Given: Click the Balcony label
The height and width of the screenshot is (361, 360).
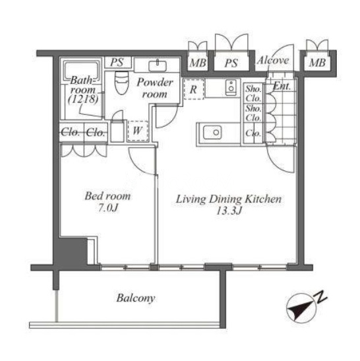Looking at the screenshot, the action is [x=136, y=298].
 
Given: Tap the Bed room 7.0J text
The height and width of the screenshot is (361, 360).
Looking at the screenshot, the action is [x=107, y=202].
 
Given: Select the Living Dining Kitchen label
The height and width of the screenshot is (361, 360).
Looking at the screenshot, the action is [x=228, y=205].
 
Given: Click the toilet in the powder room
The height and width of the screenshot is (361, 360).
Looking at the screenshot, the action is [x=121, y=82].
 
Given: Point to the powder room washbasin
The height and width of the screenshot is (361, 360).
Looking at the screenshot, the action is [x=158, y=65].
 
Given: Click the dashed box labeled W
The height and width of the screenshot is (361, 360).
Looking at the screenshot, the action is [x=138, y=131].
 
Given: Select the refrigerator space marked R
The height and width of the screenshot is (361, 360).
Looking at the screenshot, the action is [x=194, y=89].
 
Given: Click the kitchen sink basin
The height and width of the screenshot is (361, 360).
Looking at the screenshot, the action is [x=212, y=133].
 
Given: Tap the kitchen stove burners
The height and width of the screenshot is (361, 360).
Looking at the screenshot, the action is [x=231, y=88].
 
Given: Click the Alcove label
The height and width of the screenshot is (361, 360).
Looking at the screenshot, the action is [x=273, y=60].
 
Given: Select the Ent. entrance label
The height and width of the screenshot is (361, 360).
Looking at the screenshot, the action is [x=282, y=86].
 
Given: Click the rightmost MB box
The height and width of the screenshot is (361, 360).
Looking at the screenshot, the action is [x=317, y=62].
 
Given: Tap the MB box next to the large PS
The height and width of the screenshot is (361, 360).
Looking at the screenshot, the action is [x=198, y=63].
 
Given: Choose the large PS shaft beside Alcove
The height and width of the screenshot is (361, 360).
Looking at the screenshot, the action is [x=231, y=63].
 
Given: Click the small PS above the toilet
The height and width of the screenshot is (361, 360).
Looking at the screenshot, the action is [x=117, y=62].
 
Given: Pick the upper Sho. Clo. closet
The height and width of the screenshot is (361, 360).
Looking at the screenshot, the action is [x=253, y=93].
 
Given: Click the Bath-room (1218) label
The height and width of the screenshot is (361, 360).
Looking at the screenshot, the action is [x=84, y=89].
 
